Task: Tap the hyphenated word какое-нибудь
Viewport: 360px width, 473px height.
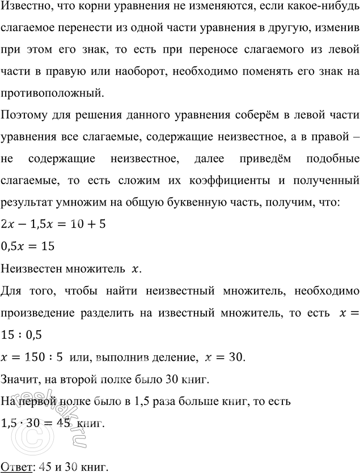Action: coord(320,9)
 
